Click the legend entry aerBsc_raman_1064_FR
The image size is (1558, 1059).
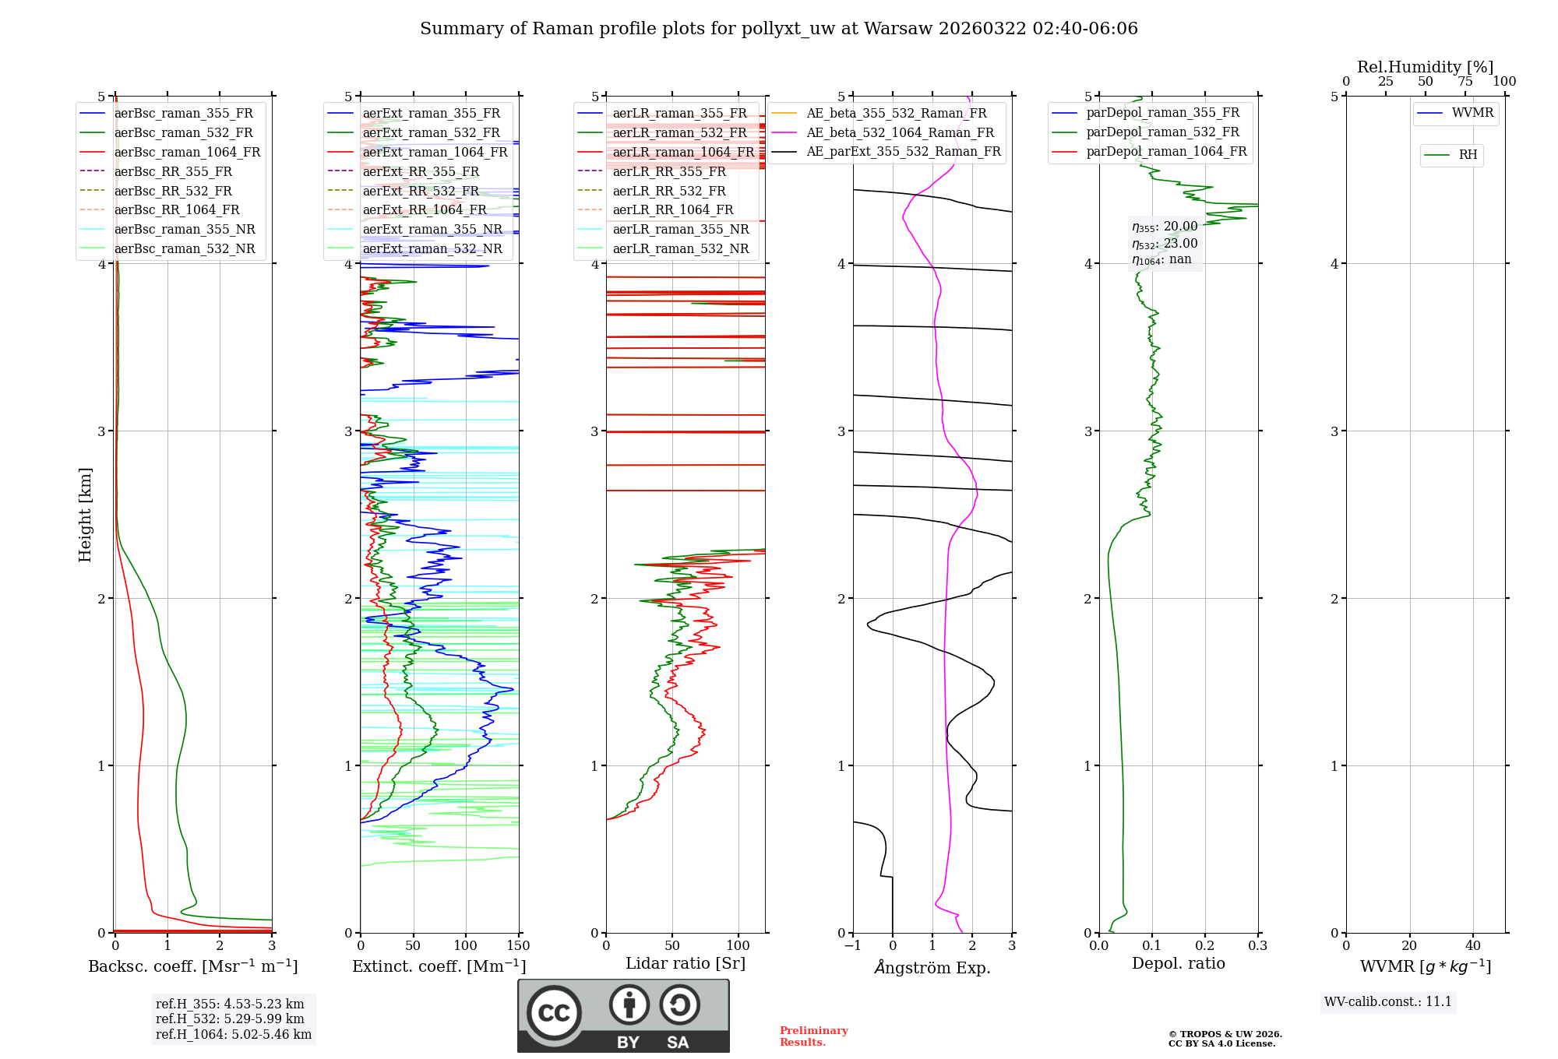click(187, 153)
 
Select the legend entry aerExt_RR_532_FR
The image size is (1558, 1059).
click(421, 192)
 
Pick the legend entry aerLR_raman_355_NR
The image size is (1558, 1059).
click(680, 230)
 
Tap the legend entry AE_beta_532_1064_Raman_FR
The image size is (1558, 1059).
click(900, 133)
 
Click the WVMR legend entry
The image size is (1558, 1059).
click(1472, 114)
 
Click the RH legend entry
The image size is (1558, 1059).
click(1468, 155)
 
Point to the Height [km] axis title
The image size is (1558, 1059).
click(85, 515)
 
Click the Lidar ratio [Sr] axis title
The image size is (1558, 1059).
click(685, 963)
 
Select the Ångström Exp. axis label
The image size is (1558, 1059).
click(932, 968)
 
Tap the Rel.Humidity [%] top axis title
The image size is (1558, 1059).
click(1425, 67)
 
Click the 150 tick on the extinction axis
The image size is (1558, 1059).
click(518, 946)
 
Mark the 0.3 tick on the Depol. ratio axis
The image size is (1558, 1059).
click(1257, 946)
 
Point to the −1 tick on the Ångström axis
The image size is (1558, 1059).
click(852, 946)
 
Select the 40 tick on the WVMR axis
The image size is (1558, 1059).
click(1472, 946)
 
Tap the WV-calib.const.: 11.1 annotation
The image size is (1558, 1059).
click(1387, 1002)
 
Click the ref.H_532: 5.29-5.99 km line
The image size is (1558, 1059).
click(230, 1019)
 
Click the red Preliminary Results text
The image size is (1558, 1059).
click(813, 1036)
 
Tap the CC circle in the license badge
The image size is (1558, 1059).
click(554, 1013)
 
